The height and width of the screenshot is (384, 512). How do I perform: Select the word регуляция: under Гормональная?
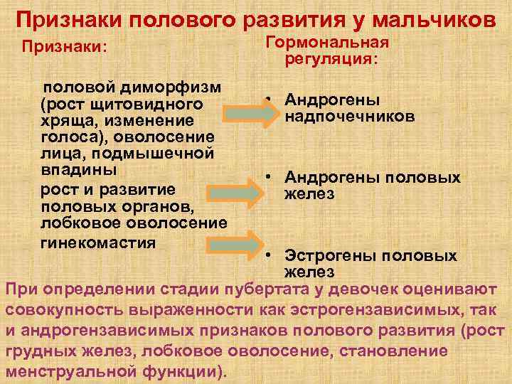(331, 60)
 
